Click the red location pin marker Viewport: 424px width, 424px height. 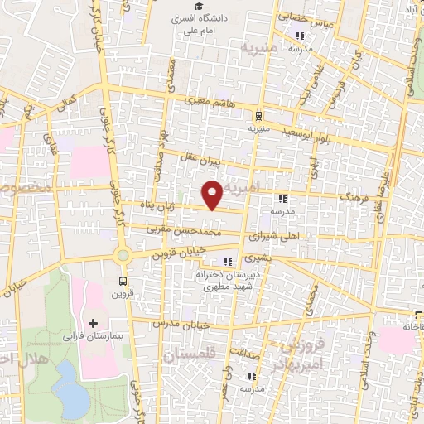click(213, 195)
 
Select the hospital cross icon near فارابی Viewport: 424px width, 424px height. click(93, 321)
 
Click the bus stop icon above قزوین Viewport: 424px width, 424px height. click(123, 281)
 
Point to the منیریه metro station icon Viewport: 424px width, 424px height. click(259, 117)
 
